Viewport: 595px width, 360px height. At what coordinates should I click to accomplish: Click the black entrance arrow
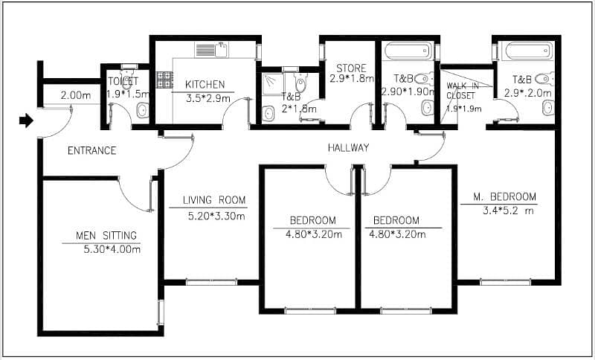pyautogui.click(x=26, y=120)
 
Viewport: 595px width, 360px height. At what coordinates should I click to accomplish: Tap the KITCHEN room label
pyautogui.click(x=205, y=85)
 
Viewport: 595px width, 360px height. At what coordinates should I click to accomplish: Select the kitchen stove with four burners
pyautogui.click(x=165, y=80)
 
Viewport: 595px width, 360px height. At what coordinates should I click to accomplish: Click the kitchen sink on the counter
pyautogui.click(x=212, y=50)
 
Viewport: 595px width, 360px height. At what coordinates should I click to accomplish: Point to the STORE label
pyautogui.click(x=351, y=68)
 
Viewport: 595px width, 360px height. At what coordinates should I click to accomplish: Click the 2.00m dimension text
pyautogui.click(x=76, y=95)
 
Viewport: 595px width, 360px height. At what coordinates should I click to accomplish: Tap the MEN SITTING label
pyautogui.click(x=106, y=236)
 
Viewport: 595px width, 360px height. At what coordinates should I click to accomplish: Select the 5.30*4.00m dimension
pyautogui.click(x=112, y=250)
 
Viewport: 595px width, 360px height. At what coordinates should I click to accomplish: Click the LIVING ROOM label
pyautogui.click(x=214, y=200)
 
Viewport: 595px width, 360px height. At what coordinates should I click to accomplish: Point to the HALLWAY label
pyautogui.click(x=348, y=148)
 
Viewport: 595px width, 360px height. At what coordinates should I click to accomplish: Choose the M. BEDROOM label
pyautogui.click(x=505, y=197)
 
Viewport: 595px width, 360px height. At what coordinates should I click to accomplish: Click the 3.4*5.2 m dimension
pyautogui.click(x=508, y=210)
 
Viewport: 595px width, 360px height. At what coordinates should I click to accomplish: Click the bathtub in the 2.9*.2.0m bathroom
pyautogui.click(x=529, y=51)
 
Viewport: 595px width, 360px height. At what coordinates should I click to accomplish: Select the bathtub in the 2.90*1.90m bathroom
pyautogui.click(x=408, y=51)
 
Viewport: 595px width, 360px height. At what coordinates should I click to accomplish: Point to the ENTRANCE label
pyautogui.click(x=91, y=151)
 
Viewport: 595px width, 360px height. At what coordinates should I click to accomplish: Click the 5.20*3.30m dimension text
pyautogui.click(x=216, y=216)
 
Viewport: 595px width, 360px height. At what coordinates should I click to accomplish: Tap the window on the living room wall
pyautogui.click(x=211, y=282)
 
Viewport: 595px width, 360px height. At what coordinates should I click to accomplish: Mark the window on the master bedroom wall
pyautogui.click(x=505, y=282)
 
